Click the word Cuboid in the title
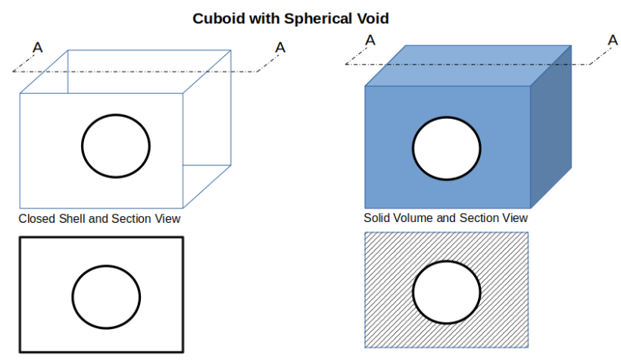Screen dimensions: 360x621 (217, 17)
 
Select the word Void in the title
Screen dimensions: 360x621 (373, 17)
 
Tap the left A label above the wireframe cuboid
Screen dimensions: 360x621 (38, 48)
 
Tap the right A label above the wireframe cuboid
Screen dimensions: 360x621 (280, 48)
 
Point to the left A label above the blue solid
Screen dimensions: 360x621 (370, 40)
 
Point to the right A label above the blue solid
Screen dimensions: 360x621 (612, 40)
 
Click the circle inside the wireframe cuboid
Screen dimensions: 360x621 (116, 146)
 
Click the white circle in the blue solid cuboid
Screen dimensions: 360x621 (447, 147)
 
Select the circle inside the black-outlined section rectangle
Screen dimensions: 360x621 (106, 296)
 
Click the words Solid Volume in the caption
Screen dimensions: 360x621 (396, 218)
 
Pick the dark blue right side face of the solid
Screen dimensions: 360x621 (551, 136)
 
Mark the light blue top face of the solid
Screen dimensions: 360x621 (470, 67)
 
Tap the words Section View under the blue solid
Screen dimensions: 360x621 (493, 218)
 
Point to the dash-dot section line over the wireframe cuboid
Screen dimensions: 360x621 (136, 72)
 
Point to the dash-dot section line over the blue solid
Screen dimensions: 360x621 (470, 64)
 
